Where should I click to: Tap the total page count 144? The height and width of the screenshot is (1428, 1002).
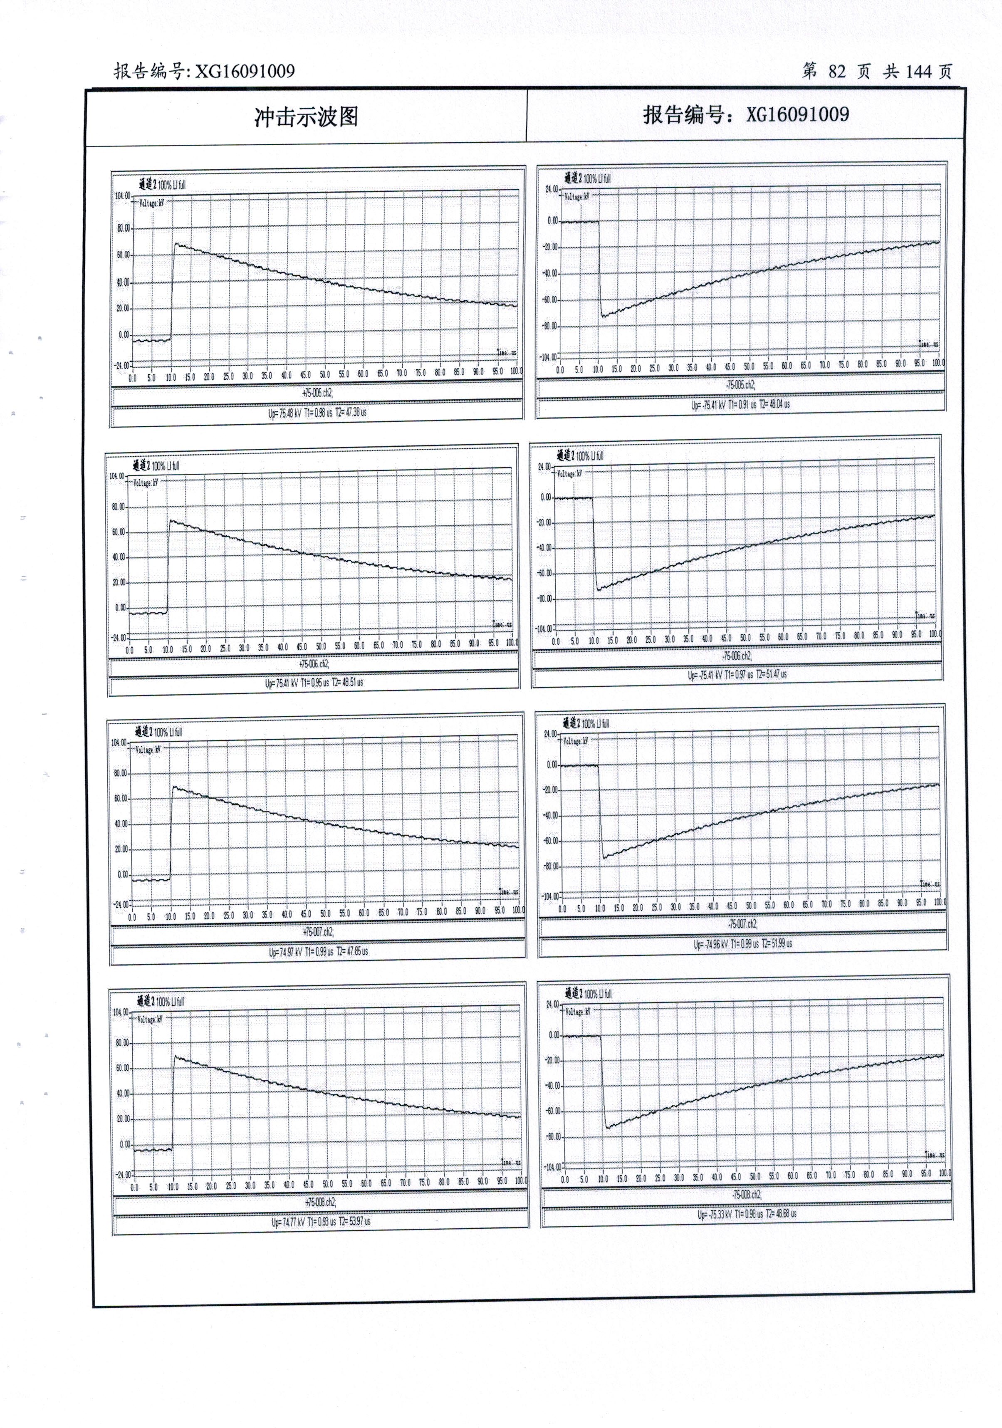(x=918, y=72)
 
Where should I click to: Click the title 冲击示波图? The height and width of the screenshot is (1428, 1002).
(x=306, y=116)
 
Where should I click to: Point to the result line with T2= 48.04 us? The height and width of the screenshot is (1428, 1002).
(x=740, y=404)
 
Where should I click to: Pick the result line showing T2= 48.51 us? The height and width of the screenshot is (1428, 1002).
(x=314, y=682)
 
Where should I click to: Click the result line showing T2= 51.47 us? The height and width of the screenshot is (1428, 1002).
(x=737, y=674)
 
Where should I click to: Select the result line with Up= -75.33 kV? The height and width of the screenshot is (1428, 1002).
(x=746, y=1213)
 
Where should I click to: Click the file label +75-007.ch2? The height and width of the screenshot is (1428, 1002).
(x=318, y=932)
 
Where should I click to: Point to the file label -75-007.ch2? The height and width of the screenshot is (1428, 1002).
(x=742, y=924)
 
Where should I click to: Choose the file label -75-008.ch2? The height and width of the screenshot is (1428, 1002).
(x=746, y=1195)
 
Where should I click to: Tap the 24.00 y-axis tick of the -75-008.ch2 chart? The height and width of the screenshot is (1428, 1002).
(x=552, y=1005)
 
